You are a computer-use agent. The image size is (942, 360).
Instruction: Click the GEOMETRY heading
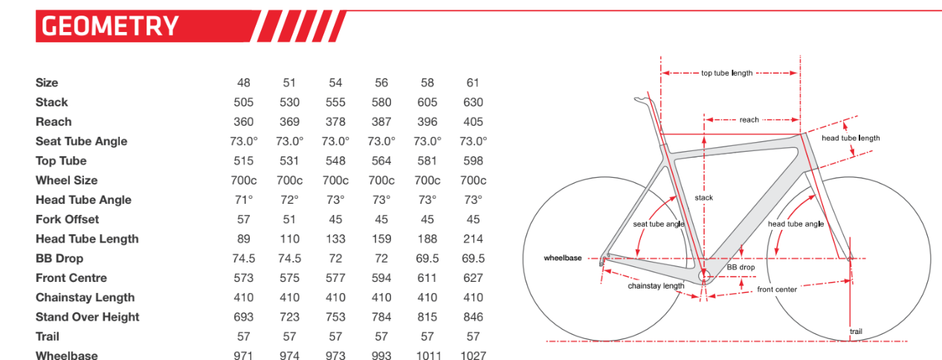coord(110,26)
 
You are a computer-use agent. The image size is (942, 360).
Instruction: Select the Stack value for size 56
coord(381,102)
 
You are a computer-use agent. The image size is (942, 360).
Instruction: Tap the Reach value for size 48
coord(243,121)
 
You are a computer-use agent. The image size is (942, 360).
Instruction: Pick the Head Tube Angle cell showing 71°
coord(243,199)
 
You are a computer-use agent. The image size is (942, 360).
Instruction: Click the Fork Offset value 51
coord(289,219)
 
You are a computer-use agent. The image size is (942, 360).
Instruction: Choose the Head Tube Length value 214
coord(473,239)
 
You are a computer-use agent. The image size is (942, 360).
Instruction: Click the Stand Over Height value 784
coord(381,317)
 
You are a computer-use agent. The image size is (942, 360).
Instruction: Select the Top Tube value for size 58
coord(428,161)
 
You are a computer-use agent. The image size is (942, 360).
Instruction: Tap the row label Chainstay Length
coord(85,298)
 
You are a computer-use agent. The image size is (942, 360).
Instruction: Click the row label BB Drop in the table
coord(59,258)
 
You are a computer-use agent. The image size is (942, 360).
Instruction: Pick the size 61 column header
coord(473,83)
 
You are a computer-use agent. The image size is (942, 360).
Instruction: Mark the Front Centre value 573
coord(243,277)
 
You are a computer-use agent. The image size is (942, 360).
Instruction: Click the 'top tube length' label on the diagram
coord(726,73)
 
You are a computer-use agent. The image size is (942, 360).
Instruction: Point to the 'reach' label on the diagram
coord(749,120)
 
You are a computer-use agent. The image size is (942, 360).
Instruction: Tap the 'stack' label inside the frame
coord(703,197)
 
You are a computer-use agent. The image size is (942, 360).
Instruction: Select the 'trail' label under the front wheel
coord(856,331)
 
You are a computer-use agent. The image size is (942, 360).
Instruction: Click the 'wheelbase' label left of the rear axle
coord(562,258)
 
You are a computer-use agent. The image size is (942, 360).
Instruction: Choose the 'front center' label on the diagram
coord(777,289)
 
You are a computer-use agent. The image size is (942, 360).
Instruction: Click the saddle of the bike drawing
coord(644,99)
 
